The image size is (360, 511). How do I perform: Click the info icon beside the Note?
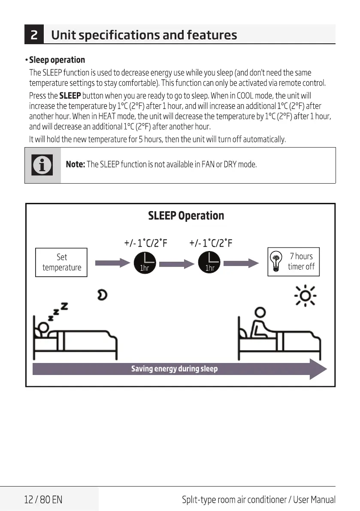pos(42,165)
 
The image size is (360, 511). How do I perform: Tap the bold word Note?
pos(75,165)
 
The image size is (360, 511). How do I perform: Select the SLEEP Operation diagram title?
pos(186,215)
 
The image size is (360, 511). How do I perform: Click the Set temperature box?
pos(62,262)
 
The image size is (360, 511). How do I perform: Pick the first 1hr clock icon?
pos(144,263)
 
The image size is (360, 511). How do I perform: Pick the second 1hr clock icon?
pos(209,263)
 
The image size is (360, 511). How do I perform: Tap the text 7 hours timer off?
pos(301,261)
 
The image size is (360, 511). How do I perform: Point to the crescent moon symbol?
pos(102,295)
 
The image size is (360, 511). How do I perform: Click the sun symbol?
pos(305,296)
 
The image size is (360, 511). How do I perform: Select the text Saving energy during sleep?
pos(174,369)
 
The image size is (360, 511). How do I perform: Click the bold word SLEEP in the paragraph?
pos(70,95)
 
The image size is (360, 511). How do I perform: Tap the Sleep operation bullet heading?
pos(57,60)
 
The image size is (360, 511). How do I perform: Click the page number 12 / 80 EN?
pos(43,499)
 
